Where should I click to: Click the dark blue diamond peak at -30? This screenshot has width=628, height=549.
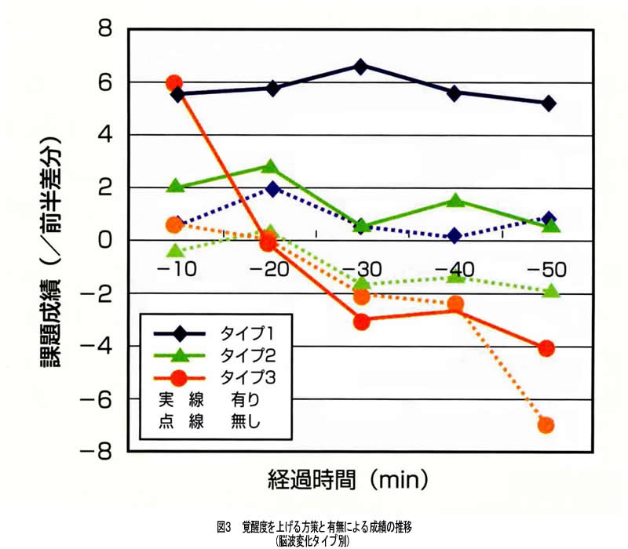(360, 67)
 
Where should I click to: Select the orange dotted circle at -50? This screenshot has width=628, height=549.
(546, 425)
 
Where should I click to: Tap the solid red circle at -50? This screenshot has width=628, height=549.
(546, 347)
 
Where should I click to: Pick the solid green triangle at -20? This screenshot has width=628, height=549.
(270, 167)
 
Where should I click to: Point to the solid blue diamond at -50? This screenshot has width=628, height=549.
(548, 103)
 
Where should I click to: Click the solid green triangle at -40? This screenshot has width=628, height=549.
(455, 200)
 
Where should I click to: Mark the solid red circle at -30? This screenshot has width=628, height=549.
(360, 322)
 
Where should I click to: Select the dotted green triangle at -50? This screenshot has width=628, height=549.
(550, 291)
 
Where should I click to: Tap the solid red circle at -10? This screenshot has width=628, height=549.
(174, 83)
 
